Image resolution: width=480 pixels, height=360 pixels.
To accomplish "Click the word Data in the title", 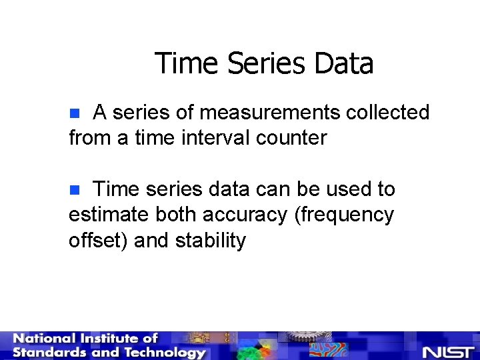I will click(x=343, y=64).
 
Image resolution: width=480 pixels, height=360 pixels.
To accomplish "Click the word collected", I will click(x=387, y=113).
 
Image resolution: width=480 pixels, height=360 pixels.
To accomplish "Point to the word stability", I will click(x=211, y=240).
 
